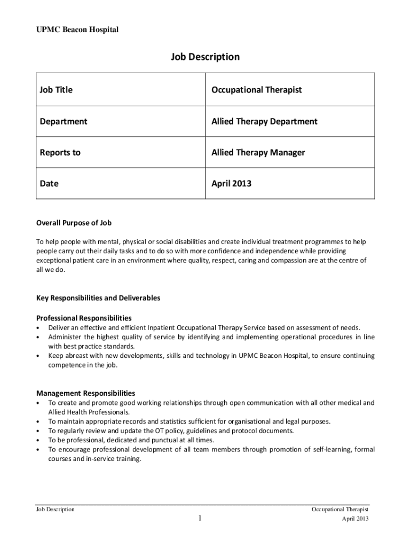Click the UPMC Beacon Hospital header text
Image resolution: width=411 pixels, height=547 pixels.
tap(77, 30)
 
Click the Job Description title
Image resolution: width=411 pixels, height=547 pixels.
tap(205, 57)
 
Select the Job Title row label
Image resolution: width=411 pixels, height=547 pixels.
tap(56, 90)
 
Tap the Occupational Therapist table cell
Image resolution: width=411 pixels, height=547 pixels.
tap(257, 90)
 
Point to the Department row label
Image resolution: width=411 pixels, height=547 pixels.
tap(64, 121)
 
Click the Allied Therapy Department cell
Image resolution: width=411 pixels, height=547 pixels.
tap(264, 121)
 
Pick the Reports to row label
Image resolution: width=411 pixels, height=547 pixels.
tap(60, 152)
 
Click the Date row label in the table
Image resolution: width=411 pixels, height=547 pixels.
tap(49, 183)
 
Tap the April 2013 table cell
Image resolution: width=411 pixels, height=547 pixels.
tap(231, 183)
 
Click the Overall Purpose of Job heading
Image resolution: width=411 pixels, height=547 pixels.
tap(74, 223)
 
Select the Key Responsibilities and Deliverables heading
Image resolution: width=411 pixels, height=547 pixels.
tap(98, 298)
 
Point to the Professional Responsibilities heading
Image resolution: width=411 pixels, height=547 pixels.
tap(84, 318)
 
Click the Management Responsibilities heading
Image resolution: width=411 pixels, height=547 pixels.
tap(85, 393)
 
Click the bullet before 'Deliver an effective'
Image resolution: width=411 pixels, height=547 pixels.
tap(38, 327)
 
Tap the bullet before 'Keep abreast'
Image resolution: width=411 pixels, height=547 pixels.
tap(38, 356)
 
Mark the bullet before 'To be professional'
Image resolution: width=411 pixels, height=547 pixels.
tap(38, 440)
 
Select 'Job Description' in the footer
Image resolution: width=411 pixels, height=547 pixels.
tap(55, 510)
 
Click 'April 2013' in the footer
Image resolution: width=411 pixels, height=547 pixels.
tap(355, 519)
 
